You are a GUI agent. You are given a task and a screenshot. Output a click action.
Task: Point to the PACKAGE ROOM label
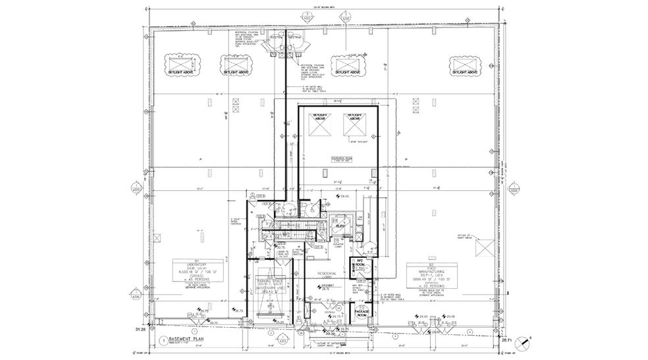tap(361, 313)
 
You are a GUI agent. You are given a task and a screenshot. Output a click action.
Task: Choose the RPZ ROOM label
tap(360, 263)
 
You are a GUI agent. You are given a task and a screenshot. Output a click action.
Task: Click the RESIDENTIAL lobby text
tap(327, 273)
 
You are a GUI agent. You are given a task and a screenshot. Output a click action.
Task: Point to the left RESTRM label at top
tap(276, 38)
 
